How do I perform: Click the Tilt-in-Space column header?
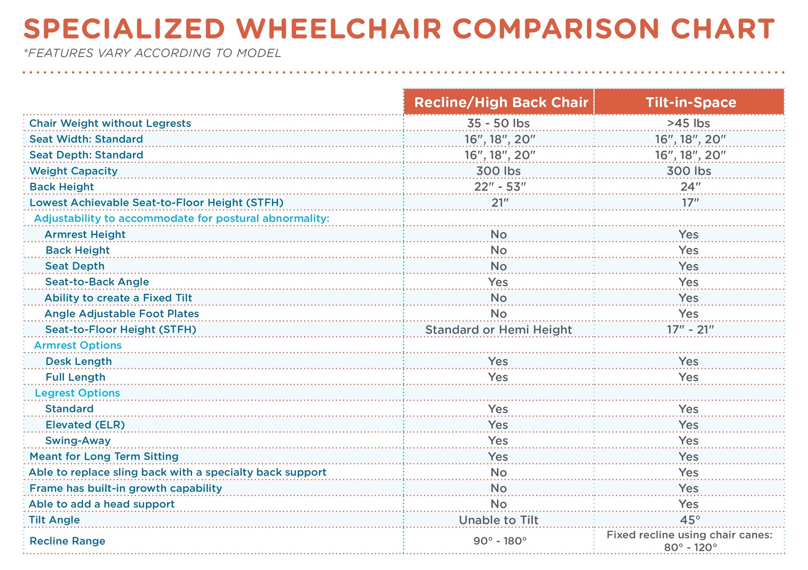point(691,102)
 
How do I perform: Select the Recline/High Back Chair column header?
point(501,102)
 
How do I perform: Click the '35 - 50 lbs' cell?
point(498,123)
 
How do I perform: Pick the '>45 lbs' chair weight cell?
point(689,123)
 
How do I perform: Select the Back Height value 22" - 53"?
point(500,187)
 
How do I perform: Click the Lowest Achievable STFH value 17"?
point(690,203)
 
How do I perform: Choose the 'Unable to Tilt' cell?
point(498,520)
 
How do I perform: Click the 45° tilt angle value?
point(690,520)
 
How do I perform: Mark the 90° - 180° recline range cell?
point(500,541)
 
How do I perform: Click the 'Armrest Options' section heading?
point(78,345)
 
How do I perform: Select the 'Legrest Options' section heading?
point(77,393)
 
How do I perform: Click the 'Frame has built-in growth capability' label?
point(126,488)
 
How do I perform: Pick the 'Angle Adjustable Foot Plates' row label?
point(122,314)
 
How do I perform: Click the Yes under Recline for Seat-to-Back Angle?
point(498,282)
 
